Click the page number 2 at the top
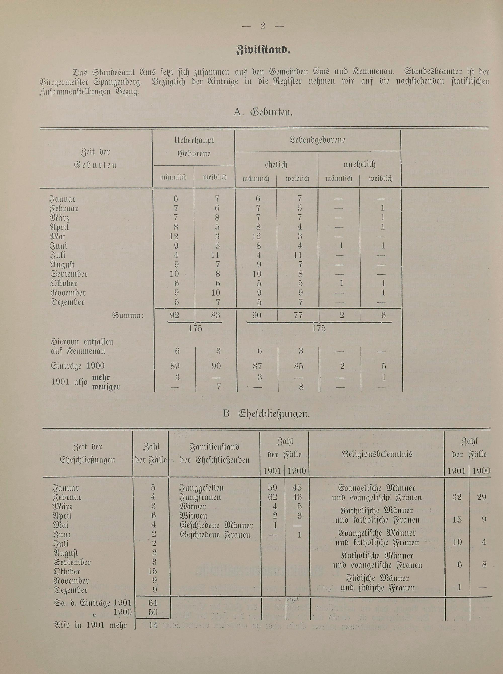(263, 26)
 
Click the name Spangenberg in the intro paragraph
(118, 82)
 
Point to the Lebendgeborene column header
(317, 140)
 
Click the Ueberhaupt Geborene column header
(194, 146)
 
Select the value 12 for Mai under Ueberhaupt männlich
(174, 236)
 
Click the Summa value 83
(215, 315)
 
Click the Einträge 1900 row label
(78, 366)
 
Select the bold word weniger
(106, 387)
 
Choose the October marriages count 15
(153, 571)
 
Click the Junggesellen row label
(201, 488)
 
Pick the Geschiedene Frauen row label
(215, 535)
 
